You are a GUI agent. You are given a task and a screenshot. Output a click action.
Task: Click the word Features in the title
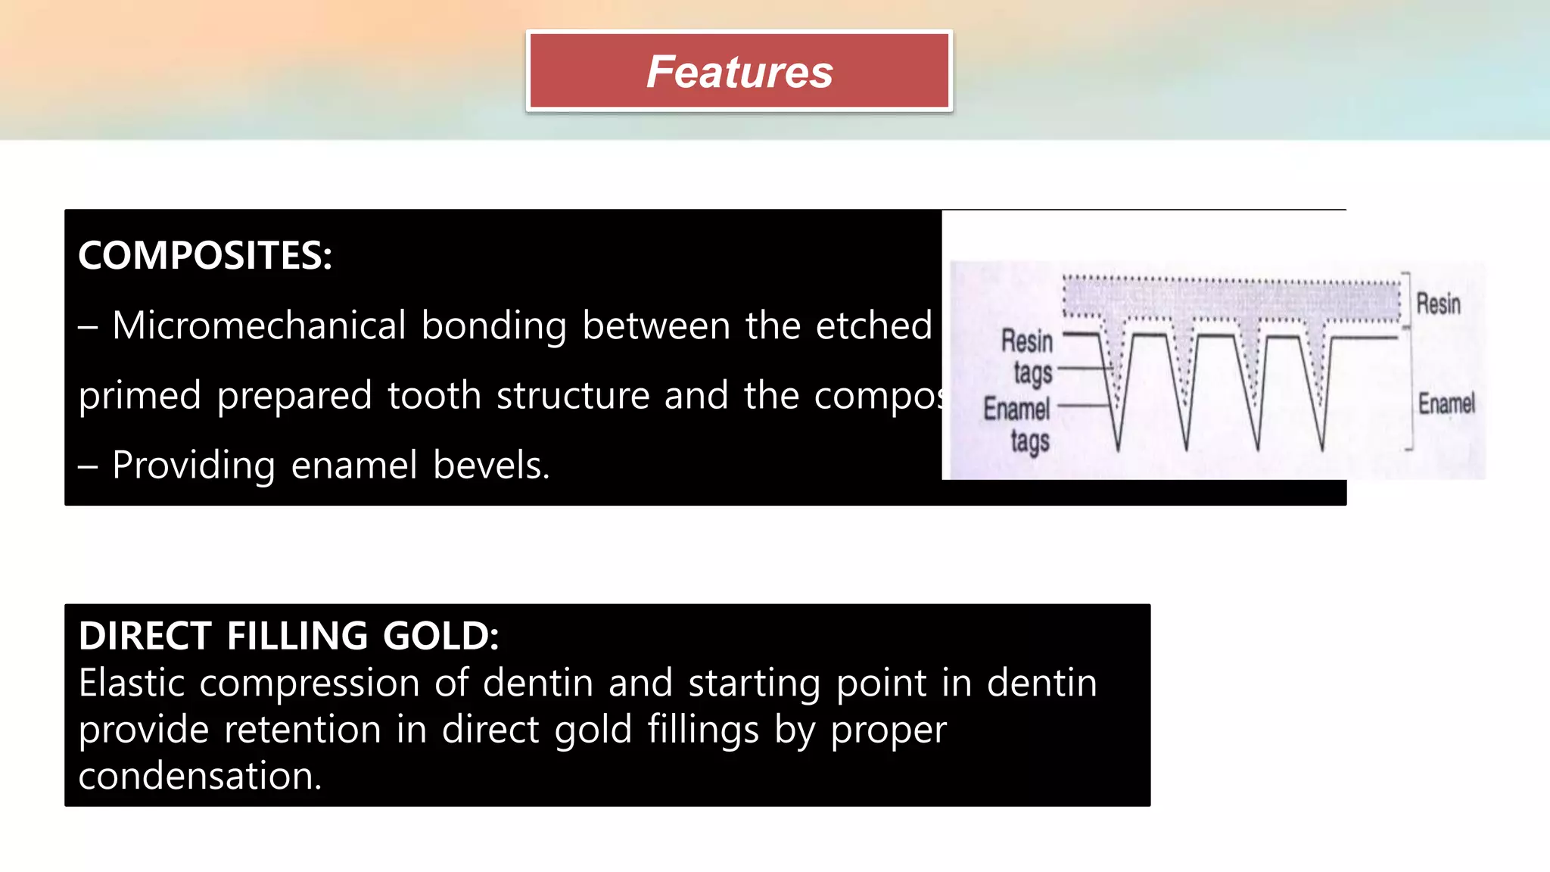tap(739, 72)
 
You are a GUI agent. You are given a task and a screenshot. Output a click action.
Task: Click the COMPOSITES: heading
tap(205, 255)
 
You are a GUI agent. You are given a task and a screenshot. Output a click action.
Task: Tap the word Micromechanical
tap(260, 325)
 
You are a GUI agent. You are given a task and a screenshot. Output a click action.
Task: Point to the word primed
tap(140, 395)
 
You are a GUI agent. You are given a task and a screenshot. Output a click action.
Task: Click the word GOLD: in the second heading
tap(440, 635)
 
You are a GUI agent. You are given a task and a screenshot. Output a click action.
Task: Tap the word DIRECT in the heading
tap(145, 635)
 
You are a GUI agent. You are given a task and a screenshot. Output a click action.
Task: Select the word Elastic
tap(132, 683)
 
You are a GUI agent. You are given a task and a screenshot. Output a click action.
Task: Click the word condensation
tap(200, 776)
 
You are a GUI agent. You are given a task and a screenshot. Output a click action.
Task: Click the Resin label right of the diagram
tap(1438, 304)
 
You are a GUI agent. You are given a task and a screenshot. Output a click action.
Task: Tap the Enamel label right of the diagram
tap(1446, 403)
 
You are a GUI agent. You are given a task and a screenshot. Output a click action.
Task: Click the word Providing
tap(194, 465)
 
